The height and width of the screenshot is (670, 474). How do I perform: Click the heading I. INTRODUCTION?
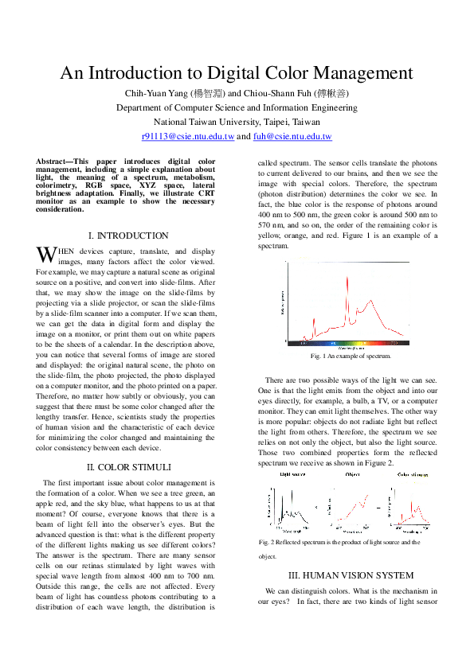(x=128, y=236)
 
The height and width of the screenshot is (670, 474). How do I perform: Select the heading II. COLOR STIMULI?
(x=127, y=466)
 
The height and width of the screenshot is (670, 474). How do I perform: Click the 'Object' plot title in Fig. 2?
(x=352, y=474)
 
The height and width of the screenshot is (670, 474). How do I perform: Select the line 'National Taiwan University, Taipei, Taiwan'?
(x=237, y=122)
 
